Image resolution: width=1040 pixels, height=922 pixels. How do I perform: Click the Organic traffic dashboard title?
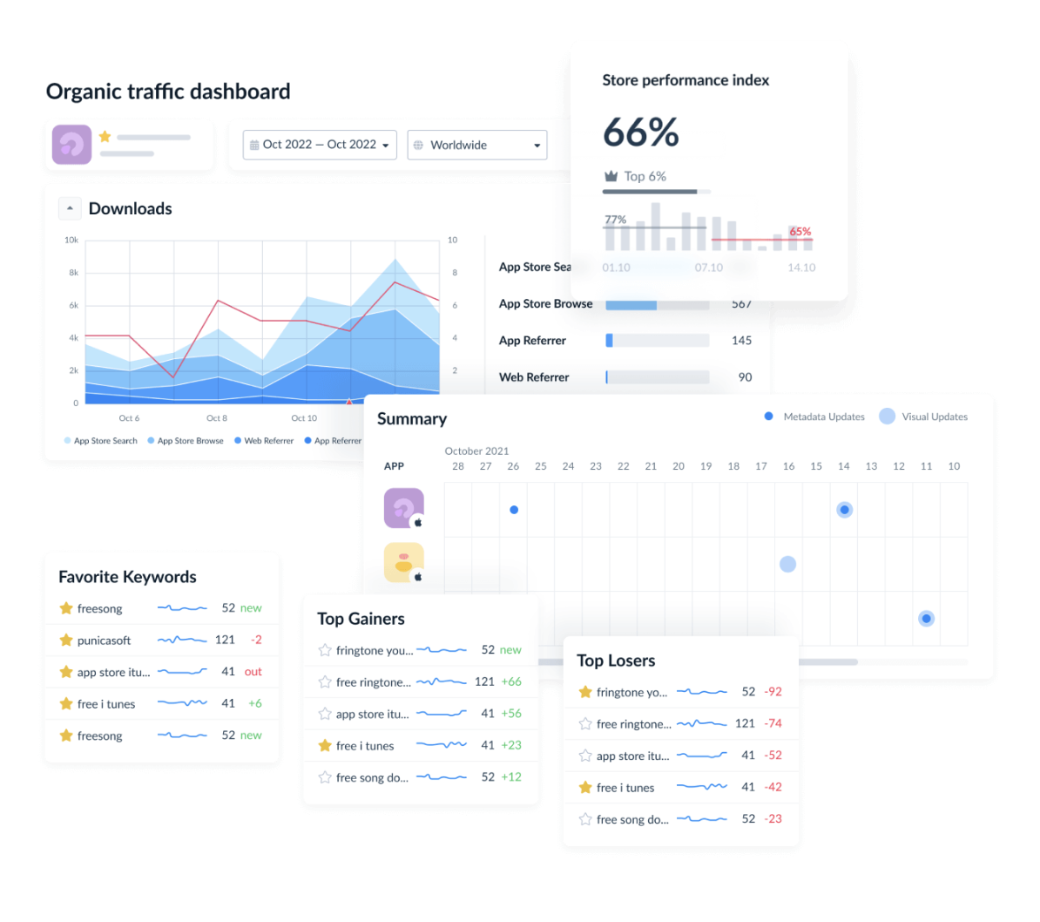pos(168,92)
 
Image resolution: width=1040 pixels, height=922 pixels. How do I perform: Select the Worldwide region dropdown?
pos(476,145)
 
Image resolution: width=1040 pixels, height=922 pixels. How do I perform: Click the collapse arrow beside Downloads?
pos(70,208)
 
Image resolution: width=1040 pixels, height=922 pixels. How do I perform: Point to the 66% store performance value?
pos(641,132)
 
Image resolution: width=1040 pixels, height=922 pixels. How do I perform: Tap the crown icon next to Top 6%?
pos(611,176)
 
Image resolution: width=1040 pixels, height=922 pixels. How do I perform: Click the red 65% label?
pos(800,231)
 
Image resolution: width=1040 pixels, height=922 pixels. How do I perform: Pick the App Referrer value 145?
pos(741,341)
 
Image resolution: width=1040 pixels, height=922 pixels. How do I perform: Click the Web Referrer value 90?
pos(745,377)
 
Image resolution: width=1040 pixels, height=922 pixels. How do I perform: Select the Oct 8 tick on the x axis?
pos(216,418)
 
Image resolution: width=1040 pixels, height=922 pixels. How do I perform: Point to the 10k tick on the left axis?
pos(71,241)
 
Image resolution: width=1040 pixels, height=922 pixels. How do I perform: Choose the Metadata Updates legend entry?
pos(814,417)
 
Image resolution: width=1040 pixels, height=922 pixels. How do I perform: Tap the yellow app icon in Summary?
pos(403,563)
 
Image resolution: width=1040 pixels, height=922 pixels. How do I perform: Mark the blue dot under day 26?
pos(514,510)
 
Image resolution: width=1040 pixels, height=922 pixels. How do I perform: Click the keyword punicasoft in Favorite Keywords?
pos(104,641)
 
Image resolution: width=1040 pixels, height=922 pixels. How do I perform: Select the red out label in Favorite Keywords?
pos(253,672)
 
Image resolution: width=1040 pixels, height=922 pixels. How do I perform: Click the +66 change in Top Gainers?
pos(511,681)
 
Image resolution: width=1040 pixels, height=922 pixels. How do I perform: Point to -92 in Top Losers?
pos(773,692)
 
